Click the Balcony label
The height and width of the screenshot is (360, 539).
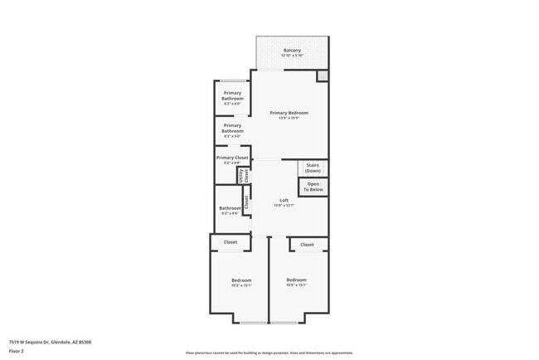(292, 51)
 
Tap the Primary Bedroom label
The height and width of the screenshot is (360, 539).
(289, 113)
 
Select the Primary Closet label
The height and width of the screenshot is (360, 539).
(232, 158)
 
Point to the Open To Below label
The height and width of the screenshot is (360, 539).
(313, 187)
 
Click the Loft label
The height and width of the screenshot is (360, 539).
(284, 200)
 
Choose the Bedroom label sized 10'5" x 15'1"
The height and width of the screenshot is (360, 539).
(296, 280)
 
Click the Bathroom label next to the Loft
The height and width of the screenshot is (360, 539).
(230, 208)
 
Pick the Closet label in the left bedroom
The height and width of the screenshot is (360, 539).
(231, 242)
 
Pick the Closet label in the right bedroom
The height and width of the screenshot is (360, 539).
(307, 245)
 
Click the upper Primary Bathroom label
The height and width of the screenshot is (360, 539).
(232, 95)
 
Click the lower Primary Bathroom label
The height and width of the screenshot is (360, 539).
(232, 128)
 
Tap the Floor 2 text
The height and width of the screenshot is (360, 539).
(17, 351)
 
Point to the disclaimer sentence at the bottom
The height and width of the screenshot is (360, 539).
(270, 353)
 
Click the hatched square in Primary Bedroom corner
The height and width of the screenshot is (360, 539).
(323, 76)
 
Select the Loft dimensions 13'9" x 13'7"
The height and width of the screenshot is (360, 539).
(284, 205)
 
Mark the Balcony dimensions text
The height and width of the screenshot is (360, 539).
(292, 56)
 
